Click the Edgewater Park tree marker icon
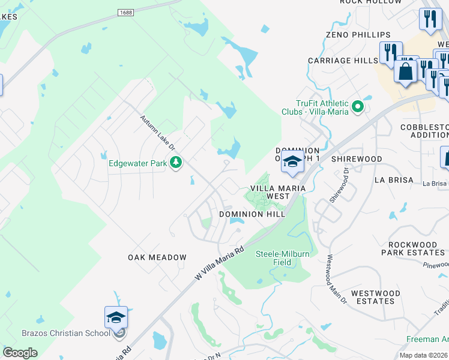176,163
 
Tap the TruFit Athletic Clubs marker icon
358,107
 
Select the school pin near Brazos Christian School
116,317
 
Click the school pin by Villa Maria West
292,161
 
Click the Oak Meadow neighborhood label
157,257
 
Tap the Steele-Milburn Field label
283,258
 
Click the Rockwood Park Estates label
413,249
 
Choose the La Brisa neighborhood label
394,180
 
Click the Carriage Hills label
343,61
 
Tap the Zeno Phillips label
358,35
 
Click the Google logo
20,353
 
